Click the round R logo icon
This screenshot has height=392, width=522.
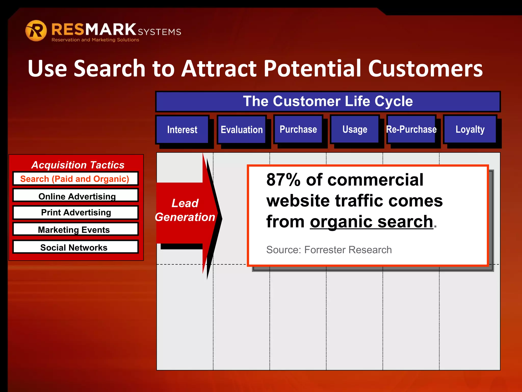(x=36, y=31)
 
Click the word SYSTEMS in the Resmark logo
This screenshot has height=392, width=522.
(x=160, y=32)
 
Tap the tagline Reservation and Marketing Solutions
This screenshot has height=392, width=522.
(x=95, y=40)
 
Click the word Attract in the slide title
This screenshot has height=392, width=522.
(x=219, y=68)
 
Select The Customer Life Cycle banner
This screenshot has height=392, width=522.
(x=328, y=101)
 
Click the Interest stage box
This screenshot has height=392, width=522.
(x=182, y=129)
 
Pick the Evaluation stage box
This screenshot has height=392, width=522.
(x=242, y=129)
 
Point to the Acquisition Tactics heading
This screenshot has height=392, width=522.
(x=78, y=165)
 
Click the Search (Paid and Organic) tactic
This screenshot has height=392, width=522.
(x=75, y=179)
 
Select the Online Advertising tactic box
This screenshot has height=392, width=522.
(x=76, y=196)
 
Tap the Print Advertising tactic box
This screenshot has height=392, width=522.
(x=76, y=212)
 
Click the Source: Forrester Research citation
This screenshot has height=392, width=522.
(x=329, y=250)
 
